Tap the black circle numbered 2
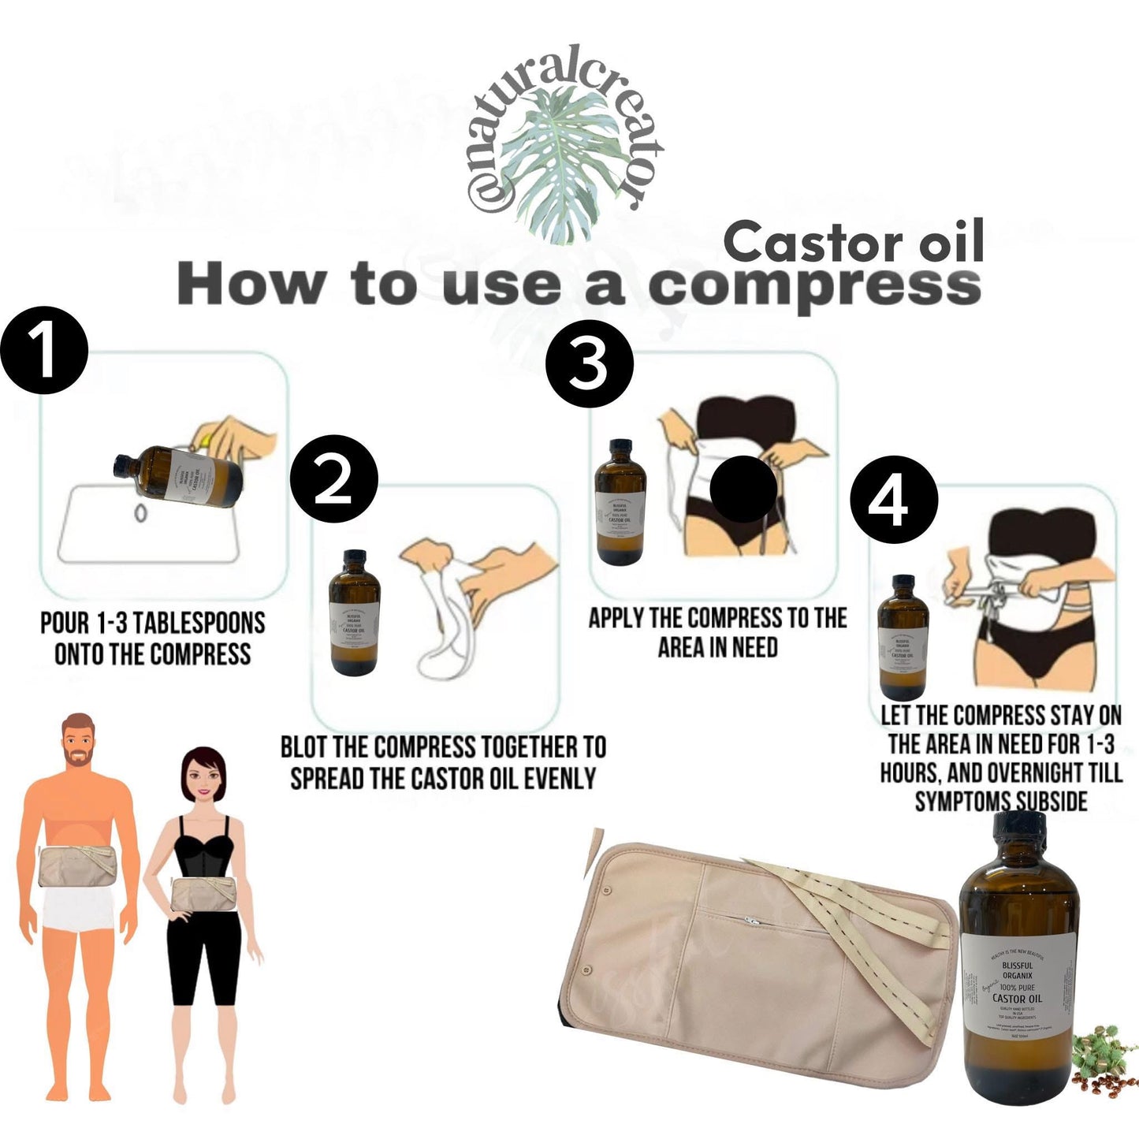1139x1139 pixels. tap(334, 482)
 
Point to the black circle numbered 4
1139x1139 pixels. tap(893, 501)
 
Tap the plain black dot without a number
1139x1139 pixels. tap(743, 489)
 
